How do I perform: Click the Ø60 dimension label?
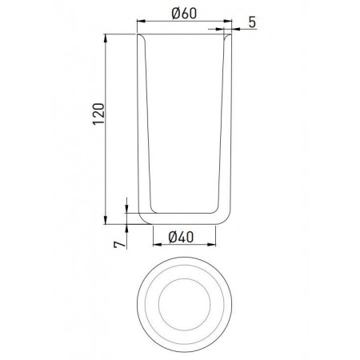tap(184, 14)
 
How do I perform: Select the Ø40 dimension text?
tap(181, 237)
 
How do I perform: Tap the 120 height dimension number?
tap(98, 114)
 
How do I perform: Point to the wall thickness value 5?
tap(252, 22)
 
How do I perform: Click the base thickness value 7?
tap(119, 245)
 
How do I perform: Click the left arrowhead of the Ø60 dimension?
tap(141, 21)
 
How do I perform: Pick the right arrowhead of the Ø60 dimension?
tap(228, 21)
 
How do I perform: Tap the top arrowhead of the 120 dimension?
tap(106, 38)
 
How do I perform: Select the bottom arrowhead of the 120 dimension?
tap(106, 220)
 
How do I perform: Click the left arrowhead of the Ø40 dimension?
tap(157, 244)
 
